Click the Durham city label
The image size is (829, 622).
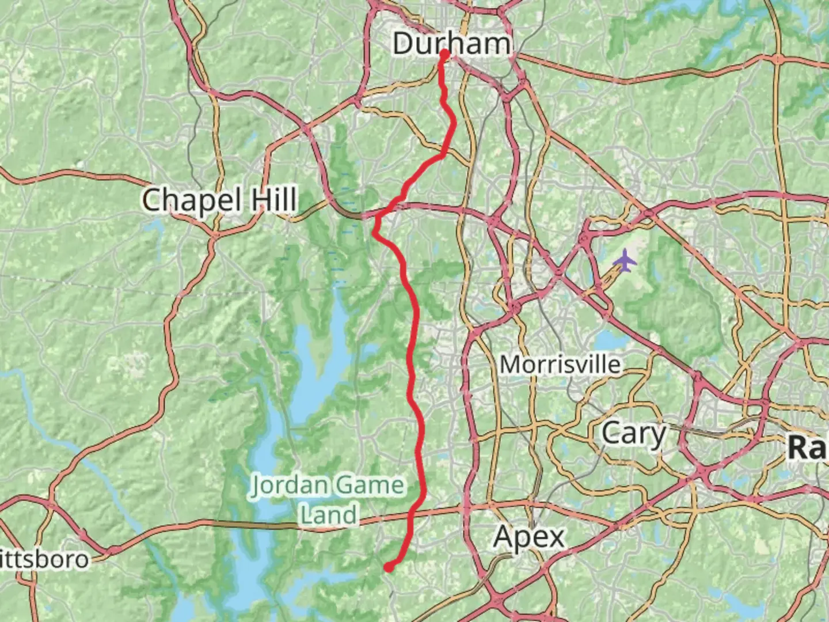coord(452,44)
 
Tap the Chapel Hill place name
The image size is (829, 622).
coord(219,200)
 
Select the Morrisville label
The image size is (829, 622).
coord(560,365)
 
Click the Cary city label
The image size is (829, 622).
coord(633,433)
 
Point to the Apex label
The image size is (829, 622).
coord(529,537)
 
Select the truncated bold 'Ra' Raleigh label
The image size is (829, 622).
coord(807,447)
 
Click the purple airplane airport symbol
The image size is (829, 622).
coord(625,261)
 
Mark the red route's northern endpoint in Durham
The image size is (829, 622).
coord(444,54)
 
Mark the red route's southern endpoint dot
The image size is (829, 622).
coord(389,567)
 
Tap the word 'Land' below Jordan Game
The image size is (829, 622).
coord(329,514)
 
